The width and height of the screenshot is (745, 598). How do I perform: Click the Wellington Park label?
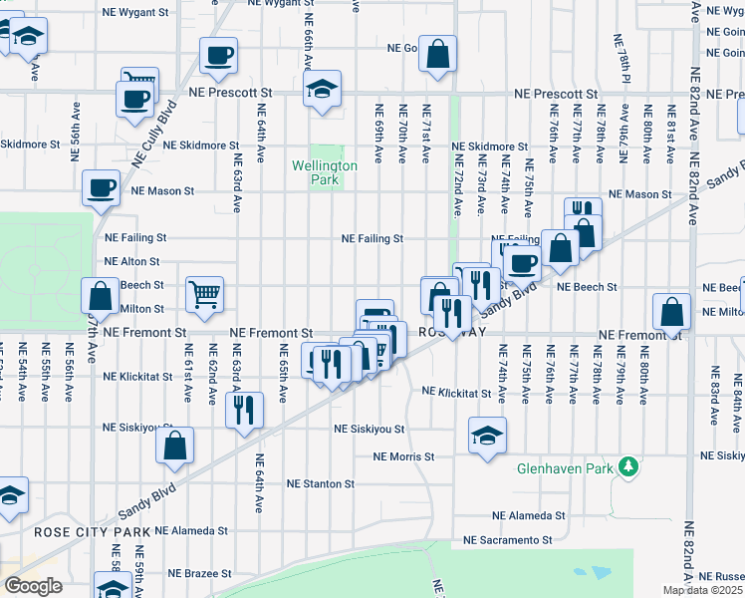coord(324,171)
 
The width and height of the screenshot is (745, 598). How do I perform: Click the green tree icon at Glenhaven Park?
coord(627,465)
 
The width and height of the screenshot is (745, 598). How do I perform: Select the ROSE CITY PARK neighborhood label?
coord(92,532)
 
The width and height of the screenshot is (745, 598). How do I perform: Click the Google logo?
coord(33,586)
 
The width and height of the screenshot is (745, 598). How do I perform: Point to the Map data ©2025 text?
coord(703,590)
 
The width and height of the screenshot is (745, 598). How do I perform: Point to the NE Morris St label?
coord(404,456)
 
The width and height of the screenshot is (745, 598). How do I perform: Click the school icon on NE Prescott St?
coord(322,89)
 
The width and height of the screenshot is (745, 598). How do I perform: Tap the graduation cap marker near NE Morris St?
coord(487,436)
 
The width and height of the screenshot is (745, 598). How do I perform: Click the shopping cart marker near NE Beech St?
coord(204,293)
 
